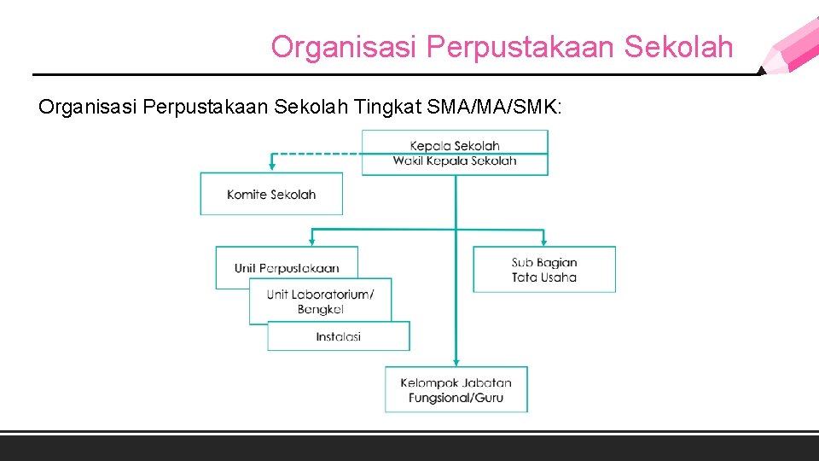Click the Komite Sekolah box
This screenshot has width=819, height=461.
coord(271,194)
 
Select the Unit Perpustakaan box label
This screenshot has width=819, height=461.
coord(287,268)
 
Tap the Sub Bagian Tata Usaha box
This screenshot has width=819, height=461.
coord(544,270)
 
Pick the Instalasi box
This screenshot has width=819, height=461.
coord(339,336)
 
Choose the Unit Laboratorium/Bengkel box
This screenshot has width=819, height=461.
coord(320,301)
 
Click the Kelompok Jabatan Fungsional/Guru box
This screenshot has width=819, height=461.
coord(456,390)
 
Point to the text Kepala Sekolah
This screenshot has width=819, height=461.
coord(455,146)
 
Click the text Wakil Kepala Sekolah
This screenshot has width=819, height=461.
coord(455,160)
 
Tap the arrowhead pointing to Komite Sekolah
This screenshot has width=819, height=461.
coord(272,167)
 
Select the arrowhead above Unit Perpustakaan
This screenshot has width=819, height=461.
coord(312,242)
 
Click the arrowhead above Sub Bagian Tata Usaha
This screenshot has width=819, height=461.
coord(544,242)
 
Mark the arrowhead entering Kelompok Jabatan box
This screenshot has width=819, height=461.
coord(456,362)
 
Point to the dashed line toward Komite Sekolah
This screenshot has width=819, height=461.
coord(316,154)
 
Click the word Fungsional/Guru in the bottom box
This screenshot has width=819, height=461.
coord(456,398)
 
